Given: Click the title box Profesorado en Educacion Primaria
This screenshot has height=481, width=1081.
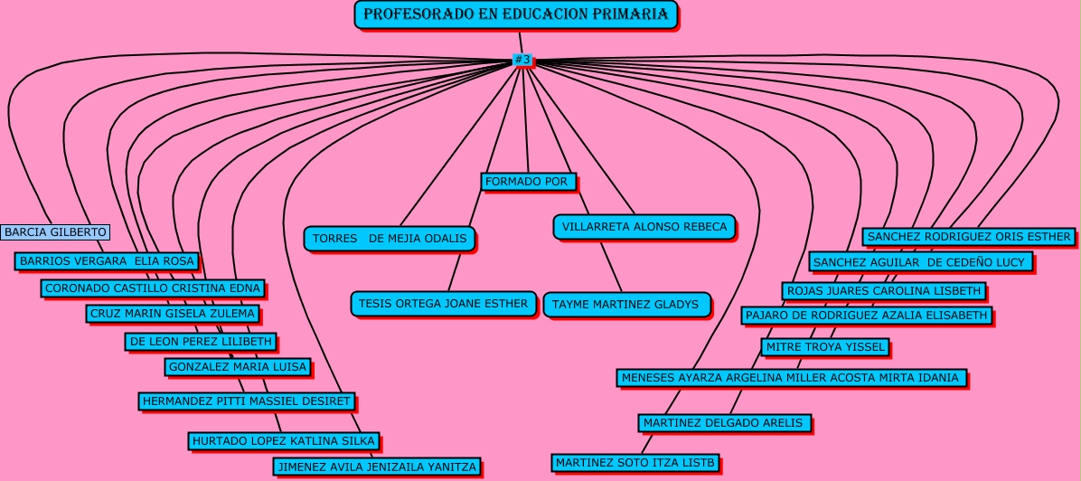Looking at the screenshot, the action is [x=516, y=14].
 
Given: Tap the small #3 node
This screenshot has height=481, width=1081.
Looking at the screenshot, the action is [x=522, y=60].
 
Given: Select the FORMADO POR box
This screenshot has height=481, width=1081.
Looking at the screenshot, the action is [x=528, y=182].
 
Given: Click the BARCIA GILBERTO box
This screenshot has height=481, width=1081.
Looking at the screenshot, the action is [x=55, y=232].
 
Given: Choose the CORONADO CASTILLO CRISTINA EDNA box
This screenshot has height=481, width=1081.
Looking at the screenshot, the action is [x=153, y=288].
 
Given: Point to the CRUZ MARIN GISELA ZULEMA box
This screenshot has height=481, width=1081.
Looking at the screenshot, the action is [x=173, y=314].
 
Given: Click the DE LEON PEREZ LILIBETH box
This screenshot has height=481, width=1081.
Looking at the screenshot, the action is [x=201, y=342].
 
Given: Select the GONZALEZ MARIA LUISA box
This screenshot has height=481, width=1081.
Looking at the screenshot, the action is [x=238, y=367].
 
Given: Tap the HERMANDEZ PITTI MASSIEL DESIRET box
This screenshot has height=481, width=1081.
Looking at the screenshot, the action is [x=247, y=401].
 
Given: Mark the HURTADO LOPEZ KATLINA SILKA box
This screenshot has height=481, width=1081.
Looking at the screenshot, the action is [x=283, y=441].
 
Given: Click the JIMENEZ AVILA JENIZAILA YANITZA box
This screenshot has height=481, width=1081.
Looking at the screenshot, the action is [x=376, y=467].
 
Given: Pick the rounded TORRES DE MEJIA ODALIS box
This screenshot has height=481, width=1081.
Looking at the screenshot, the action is [x=390, y=239].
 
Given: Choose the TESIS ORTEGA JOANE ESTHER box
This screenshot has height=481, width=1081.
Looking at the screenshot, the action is [x=443, y=304].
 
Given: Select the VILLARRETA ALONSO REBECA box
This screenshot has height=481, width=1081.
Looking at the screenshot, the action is [x=644, y=227].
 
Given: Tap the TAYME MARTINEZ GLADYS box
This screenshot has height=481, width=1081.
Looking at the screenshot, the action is [x=626, y=305].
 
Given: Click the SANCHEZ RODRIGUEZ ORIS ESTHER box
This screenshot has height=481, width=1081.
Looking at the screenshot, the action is [x=969, y=237].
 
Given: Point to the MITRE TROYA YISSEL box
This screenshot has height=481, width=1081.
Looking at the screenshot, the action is [x=825, y=347].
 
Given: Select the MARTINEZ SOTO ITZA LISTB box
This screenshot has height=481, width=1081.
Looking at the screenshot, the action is [x=635, y=462].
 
